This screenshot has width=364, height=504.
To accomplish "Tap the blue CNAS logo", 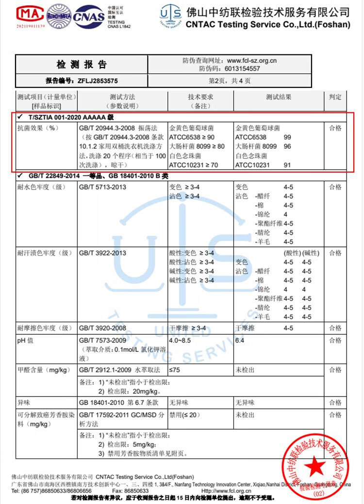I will (x=89, y=17).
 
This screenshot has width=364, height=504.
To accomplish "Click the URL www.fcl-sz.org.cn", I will (x=252, y=61).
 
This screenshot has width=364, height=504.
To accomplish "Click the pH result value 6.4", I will (x=239, y=341).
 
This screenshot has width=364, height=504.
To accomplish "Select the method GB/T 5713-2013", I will (x=102, y=187).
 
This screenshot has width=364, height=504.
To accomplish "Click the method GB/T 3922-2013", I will (x=102, y=253).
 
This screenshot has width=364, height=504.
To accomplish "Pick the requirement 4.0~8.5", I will (x=180, y=341).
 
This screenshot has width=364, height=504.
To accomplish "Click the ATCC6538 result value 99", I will (x=287, y=138).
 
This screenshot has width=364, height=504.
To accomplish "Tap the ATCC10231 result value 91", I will (x=287, y=165).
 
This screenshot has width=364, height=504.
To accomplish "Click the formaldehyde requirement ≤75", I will (x=175, y=370).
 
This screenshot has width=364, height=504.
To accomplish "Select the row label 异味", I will (x=24, y=403).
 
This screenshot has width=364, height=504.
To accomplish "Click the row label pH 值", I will (x=25, y=341).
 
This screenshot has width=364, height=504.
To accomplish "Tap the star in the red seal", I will (x=315, y=467).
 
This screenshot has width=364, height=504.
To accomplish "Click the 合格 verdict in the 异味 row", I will (x=335, y=403).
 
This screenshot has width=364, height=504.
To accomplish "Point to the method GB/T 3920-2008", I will (x=102, y=329).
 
